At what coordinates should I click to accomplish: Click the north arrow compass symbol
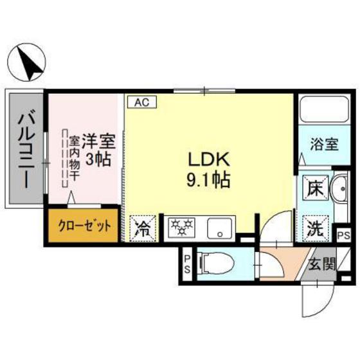(26, 62)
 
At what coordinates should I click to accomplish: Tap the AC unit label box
(142, 102)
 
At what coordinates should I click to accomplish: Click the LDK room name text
(209, 159)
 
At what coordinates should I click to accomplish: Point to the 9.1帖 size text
(208, 180)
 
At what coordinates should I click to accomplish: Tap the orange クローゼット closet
(83, 226)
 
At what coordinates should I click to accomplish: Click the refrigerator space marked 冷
(143, 228)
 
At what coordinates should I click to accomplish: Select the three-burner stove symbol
(181, 228)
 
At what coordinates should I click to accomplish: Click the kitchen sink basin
(219, 228)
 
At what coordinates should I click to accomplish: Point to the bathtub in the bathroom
(325, 109)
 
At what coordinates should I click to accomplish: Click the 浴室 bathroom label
(324, 144)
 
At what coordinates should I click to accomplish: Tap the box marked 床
(316, 188)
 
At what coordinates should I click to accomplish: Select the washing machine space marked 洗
(316, 228)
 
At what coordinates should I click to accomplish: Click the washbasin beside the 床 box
(339, 189)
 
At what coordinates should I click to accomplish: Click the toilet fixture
(217, 263)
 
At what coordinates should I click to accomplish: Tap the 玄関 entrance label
(322, 264)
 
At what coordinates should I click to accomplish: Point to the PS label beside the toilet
(187, 264)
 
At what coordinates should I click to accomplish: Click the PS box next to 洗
(344, 235)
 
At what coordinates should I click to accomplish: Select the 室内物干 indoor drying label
(74, 158)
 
